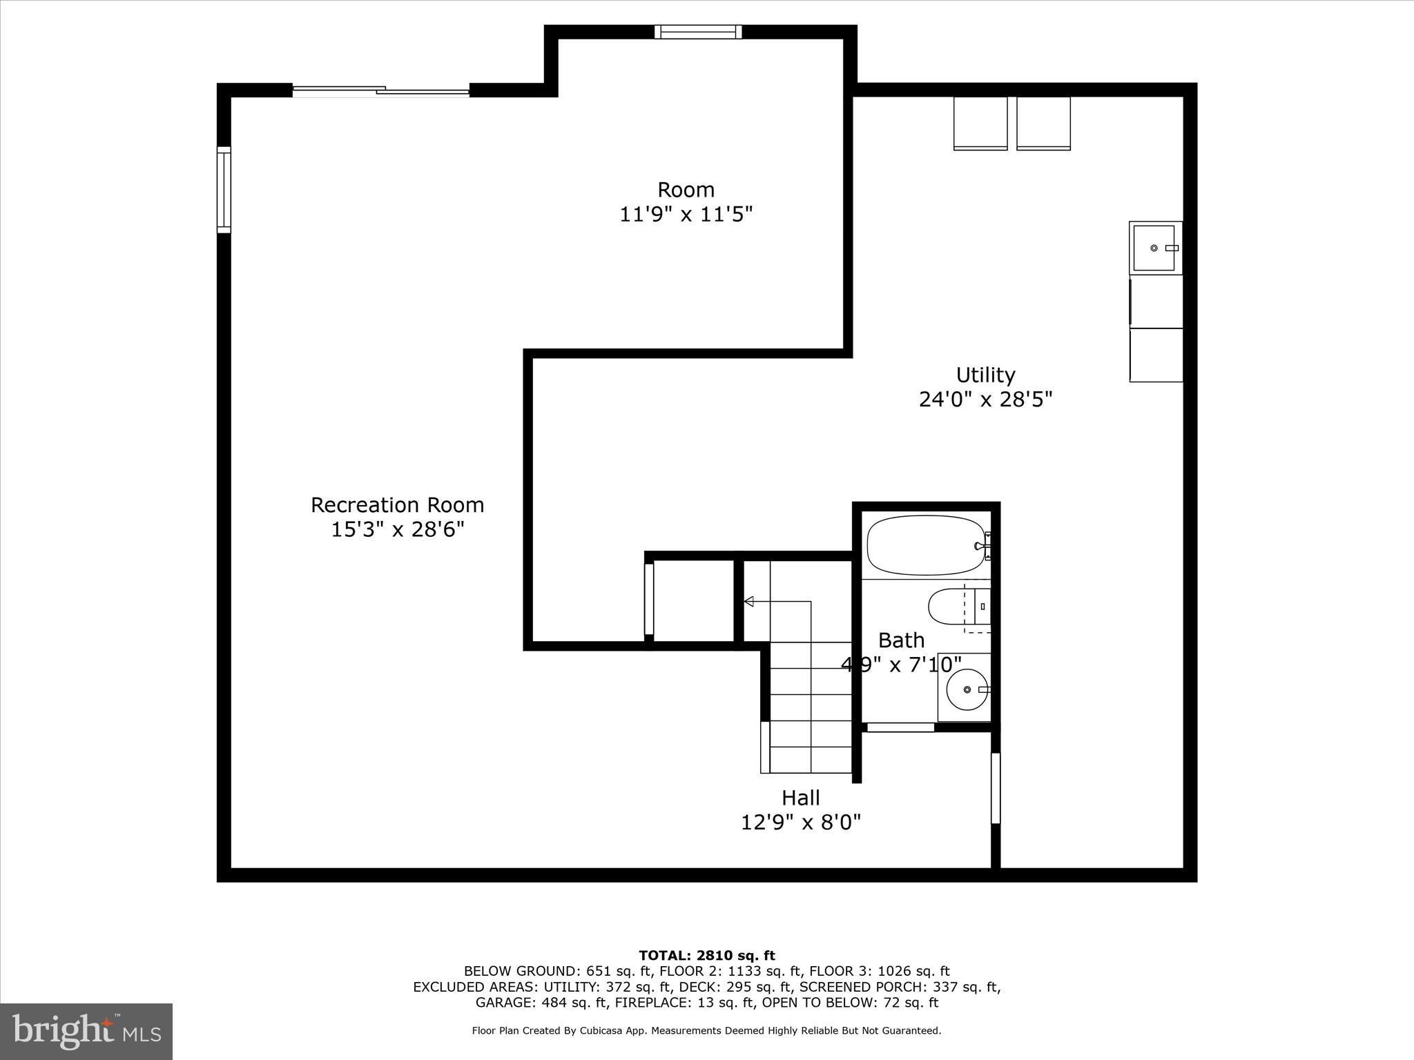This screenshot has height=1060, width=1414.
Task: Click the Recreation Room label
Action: point(397,504)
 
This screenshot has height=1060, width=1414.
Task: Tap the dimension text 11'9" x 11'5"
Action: point(685,215)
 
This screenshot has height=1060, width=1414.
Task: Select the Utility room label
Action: point(985,375)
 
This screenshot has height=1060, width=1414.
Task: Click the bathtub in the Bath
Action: point(926,545)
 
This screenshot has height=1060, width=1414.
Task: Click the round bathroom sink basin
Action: point(967,689)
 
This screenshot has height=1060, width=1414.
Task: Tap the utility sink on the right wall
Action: point(1154,248)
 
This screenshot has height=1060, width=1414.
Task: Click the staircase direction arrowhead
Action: point(748,602)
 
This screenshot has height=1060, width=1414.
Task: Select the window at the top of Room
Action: point(698,32)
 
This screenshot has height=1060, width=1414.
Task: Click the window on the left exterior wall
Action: point(224,189)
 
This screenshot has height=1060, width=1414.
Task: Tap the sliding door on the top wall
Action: point(381,90)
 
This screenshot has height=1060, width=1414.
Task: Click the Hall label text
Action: point(801,798)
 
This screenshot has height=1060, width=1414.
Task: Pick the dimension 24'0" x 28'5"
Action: point(985,400)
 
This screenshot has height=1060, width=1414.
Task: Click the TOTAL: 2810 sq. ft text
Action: point(707,956)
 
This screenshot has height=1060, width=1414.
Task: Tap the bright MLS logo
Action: point(86,1031)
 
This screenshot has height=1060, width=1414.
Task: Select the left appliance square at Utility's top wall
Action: point(980,123)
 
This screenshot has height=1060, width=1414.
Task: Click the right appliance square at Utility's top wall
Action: point(1043,123)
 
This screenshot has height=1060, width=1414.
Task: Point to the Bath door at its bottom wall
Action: point(900,727)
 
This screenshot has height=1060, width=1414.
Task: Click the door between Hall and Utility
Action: point(996,787)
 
